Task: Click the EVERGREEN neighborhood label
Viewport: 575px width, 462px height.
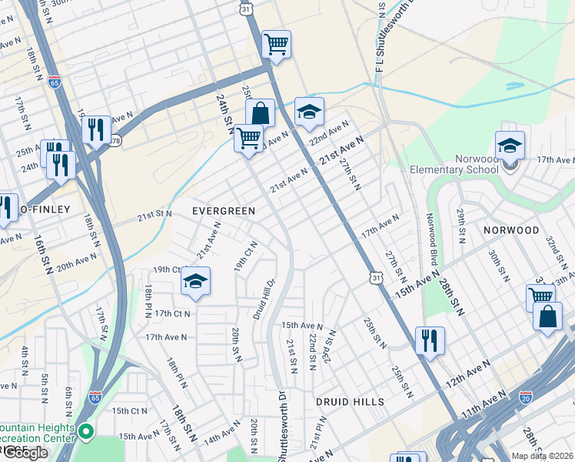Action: [223, 209]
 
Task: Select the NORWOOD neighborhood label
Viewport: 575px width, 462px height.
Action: [511, 230]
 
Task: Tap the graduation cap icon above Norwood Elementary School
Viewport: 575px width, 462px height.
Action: [510, 145]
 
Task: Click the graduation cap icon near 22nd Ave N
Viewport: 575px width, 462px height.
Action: [309, 112]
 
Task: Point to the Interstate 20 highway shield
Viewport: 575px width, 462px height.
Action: [526, 397]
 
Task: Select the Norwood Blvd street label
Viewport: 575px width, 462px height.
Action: [432, 244]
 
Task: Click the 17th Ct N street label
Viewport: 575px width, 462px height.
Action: [173, 313]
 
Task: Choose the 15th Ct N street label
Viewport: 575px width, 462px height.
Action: [129, 410]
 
